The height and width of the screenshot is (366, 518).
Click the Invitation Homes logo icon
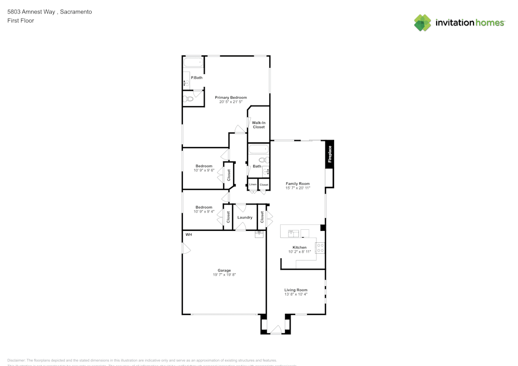pos(423,23)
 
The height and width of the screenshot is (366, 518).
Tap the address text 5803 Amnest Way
pos(31,11)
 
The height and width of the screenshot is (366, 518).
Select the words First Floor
pos(20,21)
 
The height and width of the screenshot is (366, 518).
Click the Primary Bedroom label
pos(231,97)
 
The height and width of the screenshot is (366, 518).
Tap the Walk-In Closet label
pos(258,125)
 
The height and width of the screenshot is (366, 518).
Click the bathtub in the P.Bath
pos(194,63)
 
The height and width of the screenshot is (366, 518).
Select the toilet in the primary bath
pos(189,98)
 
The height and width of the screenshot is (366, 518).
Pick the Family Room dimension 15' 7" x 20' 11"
pos(298,188)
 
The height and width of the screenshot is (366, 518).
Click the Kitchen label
pos(299,247)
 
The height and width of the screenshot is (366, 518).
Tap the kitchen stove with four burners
pos(320,248)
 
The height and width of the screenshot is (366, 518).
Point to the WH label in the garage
pos(189,235)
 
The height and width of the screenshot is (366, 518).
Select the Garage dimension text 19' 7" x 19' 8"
pos(224,275)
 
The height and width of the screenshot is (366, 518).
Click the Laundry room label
pos(244,217)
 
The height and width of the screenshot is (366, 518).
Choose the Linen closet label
pos(253,184)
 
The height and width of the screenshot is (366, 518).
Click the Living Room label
pos(296,290)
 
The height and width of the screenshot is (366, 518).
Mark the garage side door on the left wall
pos(186,250)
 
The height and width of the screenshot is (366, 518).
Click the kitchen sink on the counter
pos(293,233)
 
